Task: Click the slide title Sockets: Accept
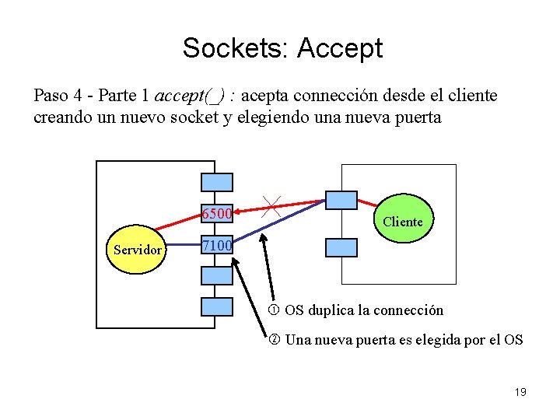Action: pyautogui.click(x=282, y=48)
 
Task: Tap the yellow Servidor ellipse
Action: pyautogui.click(x=138, y=250)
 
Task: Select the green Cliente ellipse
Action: pyautogui.click(x=402, y=221)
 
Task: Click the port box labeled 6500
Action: pyautogui.click(x=216, y=213)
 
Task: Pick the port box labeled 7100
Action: pyautogui.click(x=216, y=246)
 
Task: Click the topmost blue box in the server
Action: pyautogui.click(x=216, y=181)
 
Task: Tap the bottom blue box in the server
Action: pyautogui.click(x=216, y=306)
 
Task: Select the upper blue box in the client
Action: pyautogui.click(x=341, y=200)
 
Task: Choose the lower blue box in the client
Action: pyautogui.click(x=341, y=247)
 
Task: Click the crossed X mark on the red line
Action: pyautogui.click(x=272, y=206)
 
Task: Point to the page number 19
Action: pyautogui.click(x=520, y=392)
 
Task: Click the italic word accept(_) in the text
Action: pyautogui.click(x=191, y=96)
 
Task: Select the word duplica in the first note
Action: pyautogui.click(x=330, y=310)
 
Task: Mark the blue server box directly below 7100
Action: pyautogui.click(x=216, y=275)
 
